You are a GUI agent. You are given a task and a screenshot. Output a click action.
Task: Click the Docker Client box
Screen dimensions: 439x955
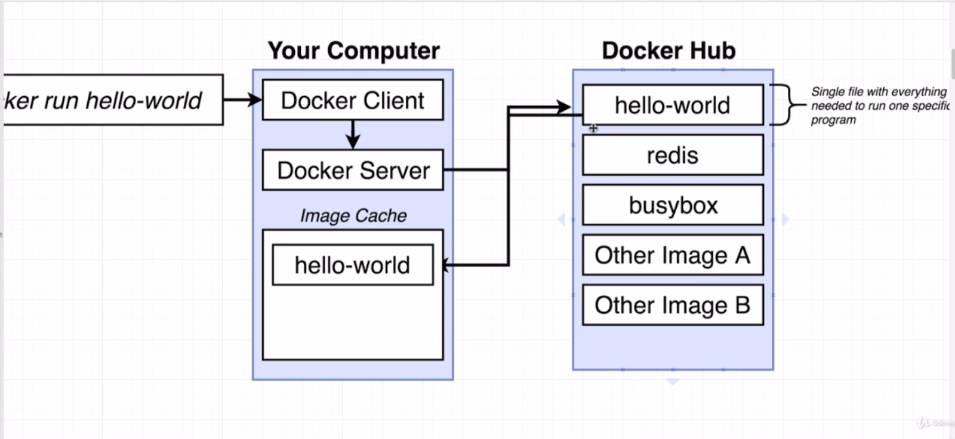pos(353,100)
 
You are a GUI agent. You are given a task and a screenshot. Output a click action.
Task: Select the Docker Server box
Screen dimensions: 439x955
pos(353,171)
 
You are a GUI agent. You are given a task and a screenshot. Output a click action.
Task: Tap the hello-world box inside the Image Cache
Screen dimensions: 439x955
pos(353,265)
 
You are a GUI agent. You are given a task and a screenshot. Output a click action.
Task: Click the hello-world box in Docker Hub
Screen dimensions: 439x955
pos(673,106)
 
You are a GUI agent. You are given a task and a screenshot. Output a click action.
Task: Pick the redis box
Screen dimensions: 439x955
pos(673,155)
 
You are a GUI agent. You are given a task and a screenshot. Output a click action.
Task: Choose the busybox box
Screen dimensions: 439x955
pos(673,205)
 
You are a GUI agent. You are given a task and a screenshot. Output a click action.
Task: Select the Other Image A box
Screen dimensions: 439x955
pos(673,255)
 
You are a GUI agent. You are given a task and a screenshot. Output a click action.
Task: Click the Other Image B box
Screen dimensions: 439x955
pos(673,305)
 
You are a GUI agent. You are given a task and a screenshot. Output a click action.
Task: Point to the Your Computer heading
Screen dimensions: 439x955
pos(353,51)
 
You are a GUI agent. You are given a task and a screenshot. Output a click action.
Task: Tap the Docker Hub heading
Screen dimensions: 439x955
pos(668,51)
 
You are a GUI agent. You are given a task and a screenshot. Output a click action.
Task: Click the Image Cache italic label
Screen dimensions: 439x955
pos(353,215)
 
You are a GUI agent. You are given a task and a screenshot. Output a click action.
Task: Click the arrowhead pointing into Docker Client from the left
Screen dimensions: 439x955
pos(255,100)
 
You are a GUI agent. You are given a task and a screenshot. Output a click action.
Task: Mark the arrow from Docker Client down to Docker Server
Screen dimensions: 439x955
pos(353,135)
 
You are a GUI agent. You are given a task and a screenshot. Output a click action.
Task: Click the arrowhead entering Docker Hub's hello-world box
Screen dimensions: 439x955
pos(564,107)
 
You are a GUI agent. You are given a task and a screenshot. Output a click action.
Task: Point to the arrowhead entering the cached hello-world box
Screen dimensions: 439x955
pos(446,264)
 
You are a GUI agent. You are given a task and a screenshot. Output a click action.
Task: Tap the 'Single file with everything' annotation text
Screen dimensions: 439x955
pos(878,92)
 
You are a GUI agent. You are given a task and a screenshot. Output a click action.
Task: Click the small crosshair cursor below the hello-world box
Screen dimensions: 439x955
pos(593,128)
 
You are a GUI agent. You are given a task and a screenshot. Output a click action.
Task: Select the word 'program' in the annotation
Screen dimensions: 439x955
pos(833,120)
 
